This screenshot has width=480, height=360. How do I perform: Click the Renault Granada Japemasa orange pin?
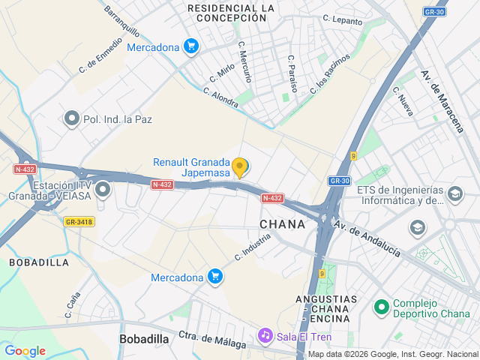click(x=240, y=167)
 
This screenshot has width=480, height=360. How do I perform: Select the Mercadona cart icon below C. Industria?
click(x=215, y=277)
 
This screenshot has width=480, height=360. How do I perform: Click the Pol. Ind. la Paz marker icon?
click(x=72, y=118)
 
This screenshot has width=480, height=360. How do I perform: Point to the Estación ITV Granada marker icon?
click(x=103, y=189)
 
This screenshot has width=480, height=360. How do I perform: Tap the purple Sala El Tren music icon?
click(x=264, y=335)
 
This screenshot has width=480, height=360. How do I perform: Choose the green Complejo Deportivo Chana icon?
click(x=382, y=307)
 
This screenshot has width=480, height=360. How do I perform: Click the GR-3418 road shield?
click(x=79, y=221)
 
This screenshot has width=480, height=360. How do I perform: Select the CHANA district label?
click(x=283, y=224)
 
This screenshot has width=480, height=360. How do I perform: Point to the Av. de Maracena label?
click(x=442, y=100)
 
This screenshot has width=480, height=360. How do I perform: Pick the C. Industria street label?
click(x=252, y=245)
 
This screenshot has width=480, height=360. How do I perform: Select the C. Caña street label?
click(x=72, y=304)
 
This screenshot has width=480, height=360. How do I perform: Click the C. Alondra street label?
click(x=220, y=97)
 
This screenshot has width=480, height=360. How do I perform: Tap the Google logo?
click(x=25, y=351)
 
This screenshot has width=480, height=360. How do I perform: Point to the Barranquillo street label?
click(x=121, y=22)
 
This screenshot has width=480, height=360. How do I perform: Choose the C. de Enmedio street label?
click(x=100, y=55)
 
